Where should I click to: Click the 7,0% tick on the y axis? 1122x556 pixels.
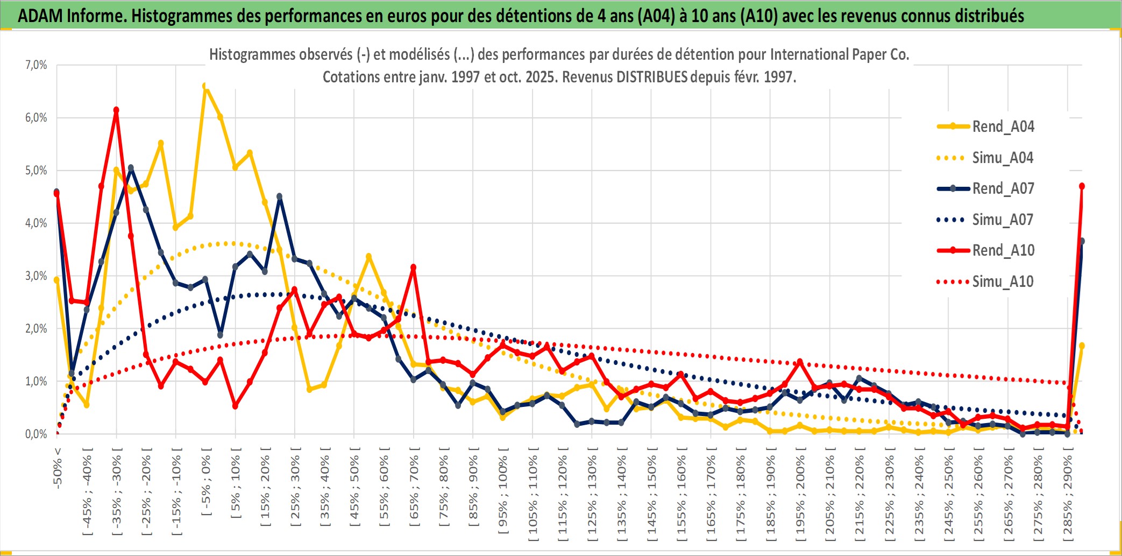click(36, 65)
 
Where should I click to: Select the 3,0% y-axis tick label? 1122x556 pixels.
click(36, 276)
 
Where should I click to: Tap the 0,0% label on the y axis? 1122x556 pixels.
click(36, 434)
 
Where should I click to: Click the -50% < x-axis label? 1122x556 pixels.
click(58, 468)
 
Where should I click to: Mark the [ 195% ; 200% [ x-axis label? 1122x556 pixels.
click(800, 495)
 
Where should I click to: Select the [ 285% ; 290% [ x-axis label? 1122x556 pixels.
click(1068, 495)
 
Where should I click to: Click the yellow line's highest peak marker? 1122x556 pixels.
click(205, 86)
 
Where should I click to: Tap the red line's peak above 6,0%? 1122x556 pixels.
click(116, 110)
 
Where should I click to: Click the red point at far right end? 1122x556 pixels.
click(1082, 186)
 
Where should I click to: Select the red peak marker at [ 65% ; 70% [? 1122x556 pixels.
click(413, 267)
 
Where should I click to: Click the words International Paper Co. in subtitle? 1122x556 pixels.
click(840, 55)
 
